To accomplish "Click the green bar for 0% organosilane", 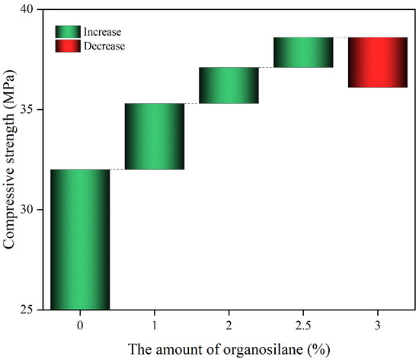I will [x=80, y=239].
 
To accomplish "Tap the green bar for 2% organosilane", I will [x=229, y=85].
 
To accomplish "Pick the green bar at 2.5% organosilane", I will [x=303, y=52].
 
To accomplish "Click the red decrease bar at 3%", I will [x=378, y=62].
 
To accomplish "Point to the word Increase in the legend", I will [x=104, y=32].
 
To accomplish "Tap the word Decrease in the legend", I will [x=106, y=46].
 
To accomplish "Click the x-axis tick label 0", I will [x=80, y=324].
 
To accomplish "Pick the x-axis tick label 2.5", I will [x=303, y=324].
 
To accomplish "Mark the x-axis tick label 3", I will [x=378, y=324].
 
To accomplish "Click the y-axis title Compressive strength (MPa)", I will [x=10, y=160].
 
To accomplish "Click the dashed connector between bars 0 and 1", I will [x=117, y=169].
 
